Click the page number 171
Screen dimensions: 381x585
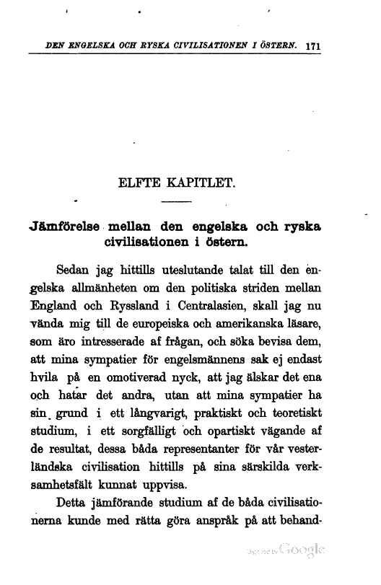pos(312,45)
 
